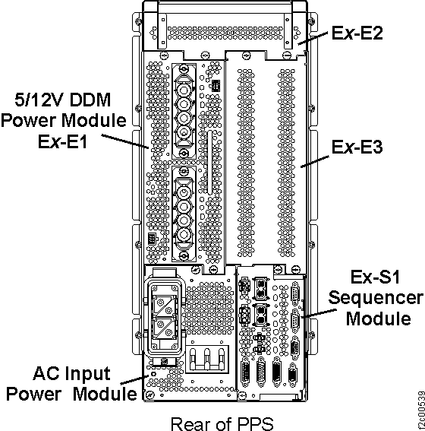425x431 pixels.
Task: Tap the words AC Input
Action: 72,374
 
